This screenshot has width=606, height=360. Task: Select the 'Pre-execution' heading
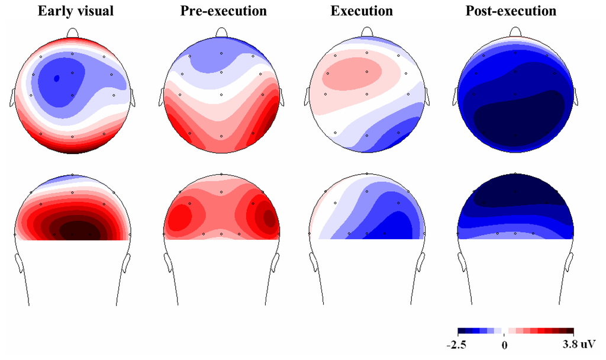pyautogui.click(x=223, y=11)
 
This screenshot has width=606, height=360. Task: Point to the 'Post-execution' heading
pyautogui.click(x=511, y=11)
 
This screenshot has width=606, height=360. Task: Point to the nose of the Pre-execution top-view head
pyautogui.click(x=221, y=32)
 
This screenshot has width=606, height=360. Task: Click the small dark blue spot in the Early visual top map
pyautogui.click(x=57, y=78)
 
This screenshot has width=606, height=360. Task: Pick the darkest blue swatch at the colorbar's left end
pyautogui.click(x=461, y=331)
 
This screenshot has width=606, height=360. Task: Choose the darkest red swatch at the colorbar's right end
pyautogui.click(x=570, y=331)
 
